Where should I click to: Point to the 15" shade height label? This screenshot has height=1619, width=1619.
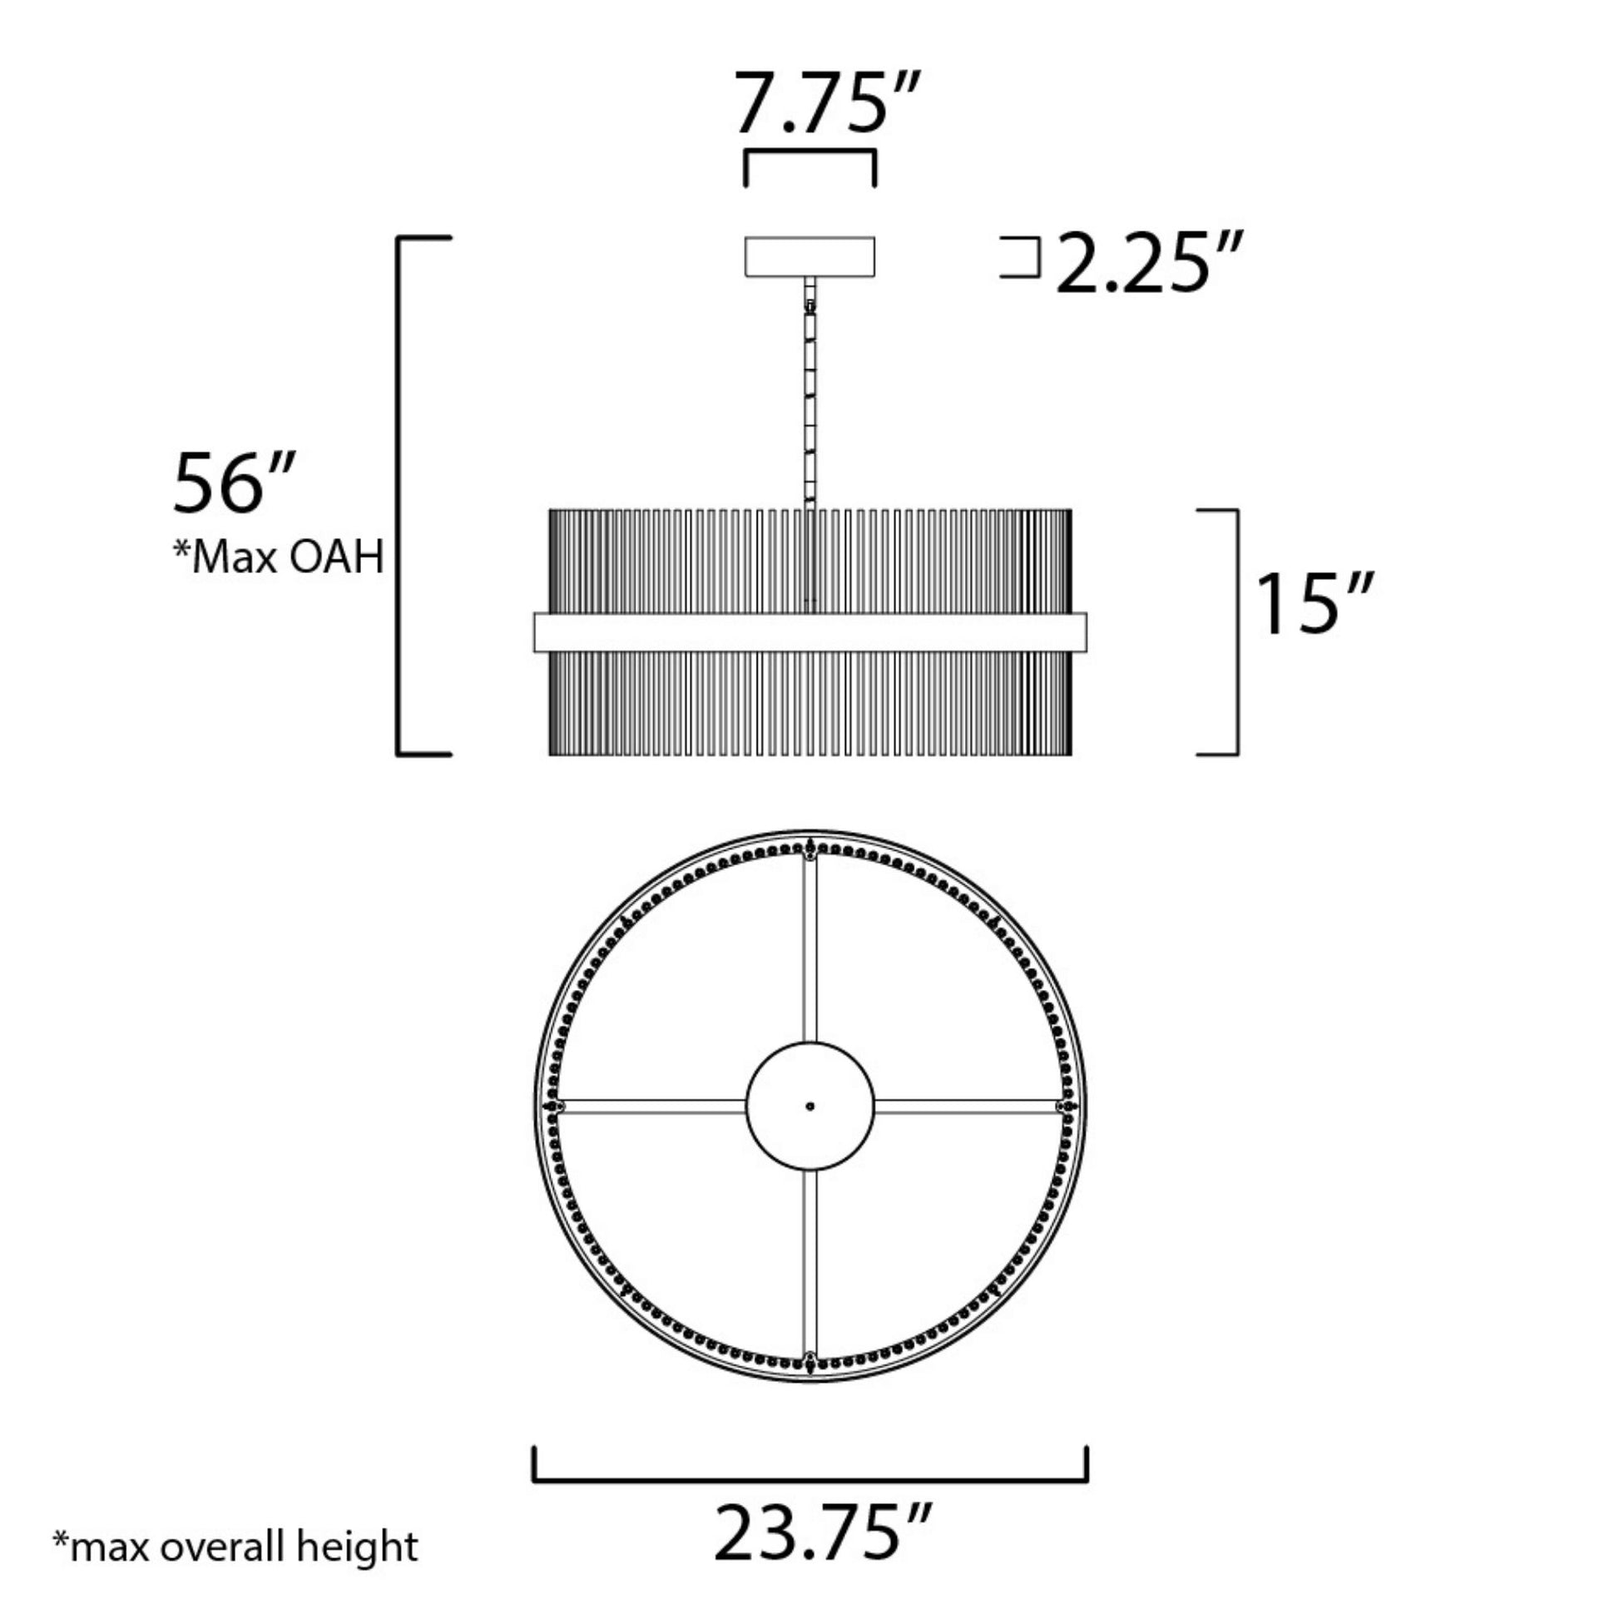pyautogui.click(x=1315, y=604)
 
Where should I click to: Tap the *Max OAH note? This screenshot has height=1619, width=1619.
pyautogui.click(x=278, y=557)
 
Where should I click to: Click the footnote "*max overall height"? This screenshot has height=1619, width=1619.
pyautogui.click(x=235, y=1546)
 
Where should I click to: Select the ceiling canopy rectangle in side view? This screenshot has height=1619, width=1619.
pyautogui.click(x=809, y=256)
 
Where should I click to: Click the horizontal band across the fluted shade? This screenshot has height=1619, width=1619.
pyautogui.click(x=809, y=632)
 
